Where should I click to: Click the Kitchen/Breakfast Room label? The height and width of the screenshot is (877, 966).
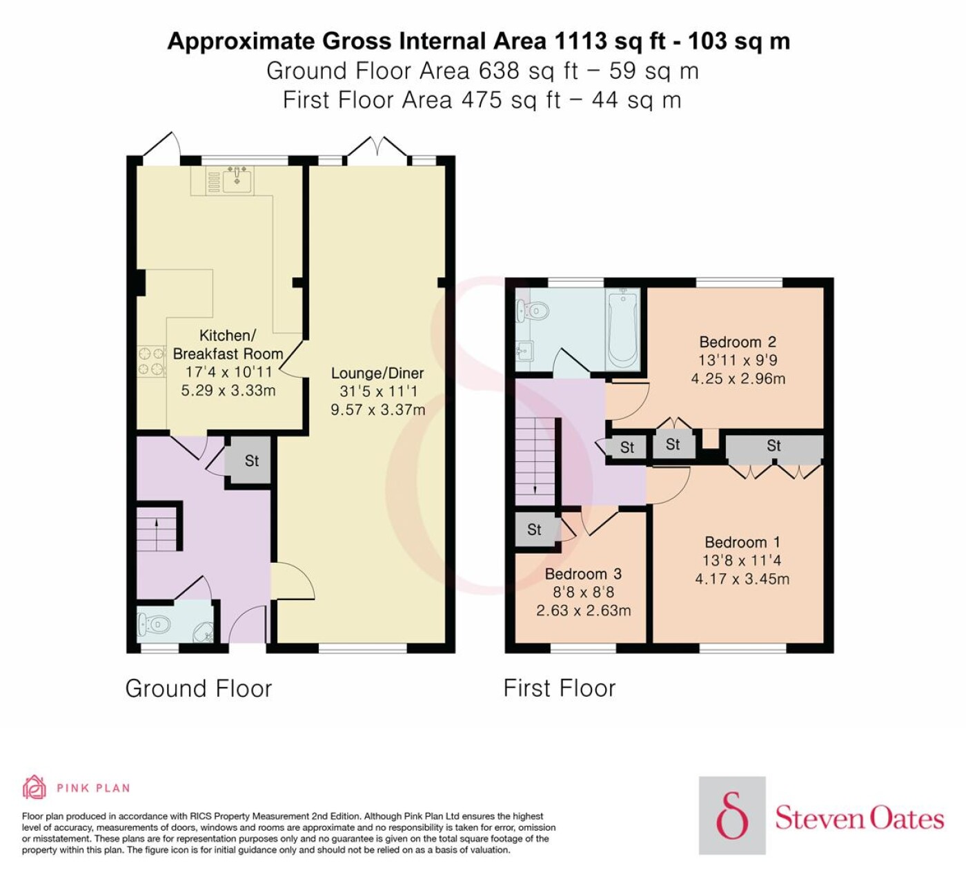(228, 345)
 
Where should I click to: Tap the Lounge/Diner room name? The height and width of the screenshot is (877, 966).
(377, 373)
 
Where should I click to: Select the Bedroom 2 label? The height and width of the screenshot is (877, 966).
(738, 342)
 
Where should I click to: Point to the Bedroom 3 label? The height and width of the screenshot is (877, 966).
(583, 574)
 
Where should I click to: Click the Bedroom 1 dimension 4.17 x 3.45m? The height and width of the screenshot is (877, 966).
(742, 579)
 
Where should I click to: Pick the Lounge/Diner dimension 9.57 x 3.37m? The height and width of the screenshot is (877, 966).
(377, 409)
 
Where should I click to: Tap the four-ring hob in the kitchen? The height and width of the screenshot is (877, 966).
(152, 361)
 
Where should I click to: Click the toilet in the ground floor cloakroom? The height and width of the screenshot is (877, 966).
(154, 626)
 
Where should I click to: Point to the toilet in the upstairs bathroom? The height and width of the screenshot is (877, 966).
(532, 311)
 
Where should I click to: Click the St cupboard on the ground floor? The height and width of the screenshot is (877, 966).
(251, 461)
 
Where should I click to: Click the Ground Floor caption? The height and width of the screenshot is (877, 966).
(199, 688)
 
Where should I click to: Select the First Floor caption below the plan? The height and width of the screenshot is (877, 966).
(560, 688)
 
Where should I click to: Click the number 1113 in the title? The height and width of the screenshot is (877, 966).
(582, 41)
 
